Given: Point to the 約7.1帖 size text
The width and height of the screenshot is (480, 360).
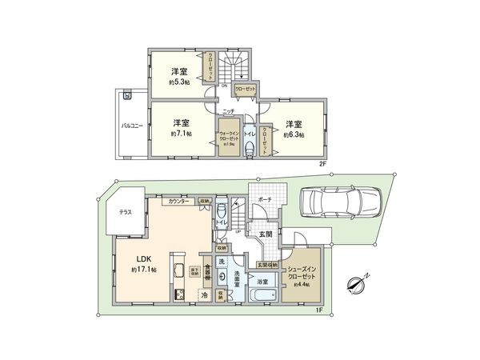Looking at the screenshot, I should coord(182,134).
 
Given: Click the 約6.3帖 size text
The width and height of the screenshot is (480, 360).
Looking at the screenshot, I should coord(294,134).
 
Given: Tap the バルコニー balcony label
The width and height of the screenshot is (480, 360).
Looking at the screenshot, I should coord(132,126).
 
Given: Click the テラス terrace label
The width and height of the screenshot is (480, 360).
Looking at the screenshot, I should coord(126,214).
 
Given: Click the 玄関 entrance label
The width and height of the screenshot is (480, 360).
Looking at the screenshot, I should coord(265,234).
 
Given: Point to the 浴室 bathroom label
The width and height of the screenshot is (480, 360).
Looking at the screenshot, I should coord(262,282).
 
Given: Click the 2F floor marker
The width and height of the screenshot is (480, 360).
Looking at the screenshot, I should coord(323,163).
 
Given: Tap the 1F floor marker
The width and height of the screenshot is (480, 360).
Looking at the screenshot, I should coord(318,310).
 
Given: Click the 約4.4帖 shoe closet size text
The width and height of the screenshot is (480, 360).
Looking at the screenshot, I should coord(302,283).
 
